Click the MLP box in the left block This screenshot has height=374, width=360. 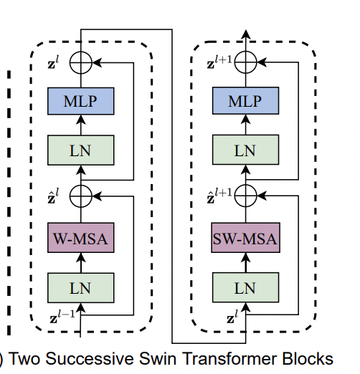pyautogui.click(x=80, y=102)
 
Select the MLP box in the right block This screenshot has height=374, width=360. pyautogui.click(x=245, y=102)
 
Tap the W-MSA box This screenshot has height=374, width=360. pyautogui.click(x=80, y=239)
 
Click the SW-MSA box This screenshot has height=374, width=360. pyautogui.click(x=245, y=239)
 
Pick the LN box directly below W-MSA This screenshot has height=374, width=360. pyautogui.click(x=80, y=287)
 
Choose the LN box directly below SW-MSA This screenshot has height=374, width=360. pyautogui.click(x=245, y=287)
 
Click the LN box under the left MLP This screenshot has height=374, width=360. pyautogui.click(x=80, y=150)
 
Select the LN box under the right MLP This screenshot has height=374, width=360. pyautogui.click(x=245, y=150)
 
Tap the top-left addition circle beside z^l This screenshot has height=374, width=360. pyautogui.click(x=80, y=63)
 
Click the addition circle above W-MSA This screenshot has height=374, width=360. pyautogui.click(x=80, y=193)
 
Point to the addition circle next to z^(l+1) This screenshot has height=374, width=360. pyautogui.click(x=245, y=63)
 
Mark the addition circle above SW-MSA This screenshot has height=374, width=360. pyautogui.click(x=245, y=193)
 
